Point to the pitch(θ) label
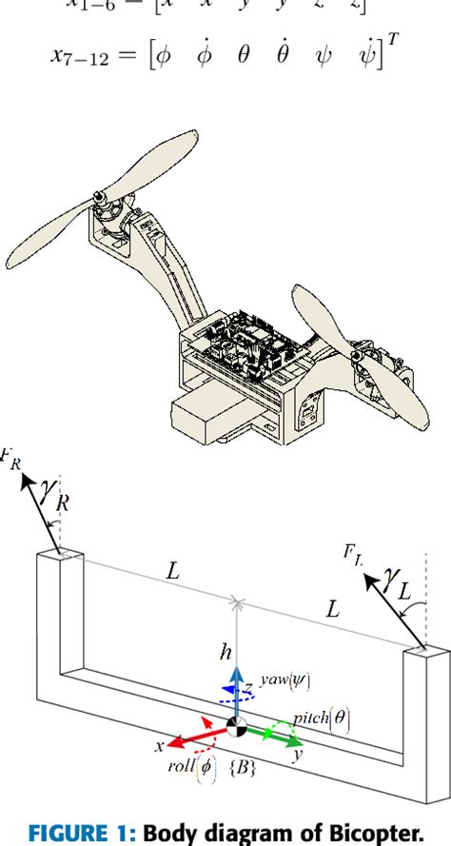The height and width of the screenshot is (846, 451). [324, 719]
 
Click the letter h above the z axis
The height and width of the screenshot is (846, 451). [225, 653]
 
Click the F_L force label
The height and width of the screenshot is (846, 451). [350, 552]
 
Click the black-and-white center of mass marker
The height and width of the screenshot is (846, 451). [235, 726]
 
